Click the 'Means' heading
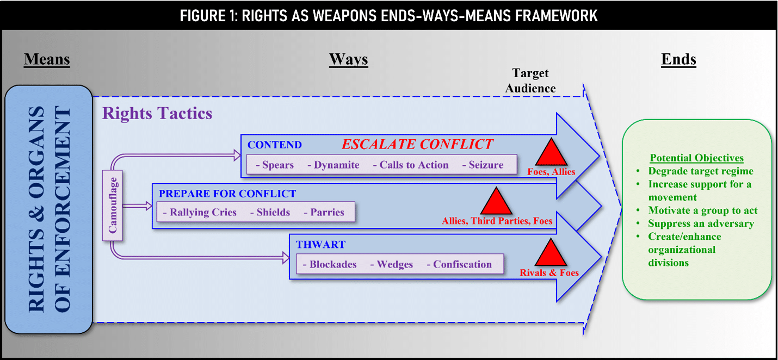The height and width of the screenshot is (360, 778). pos(47,59)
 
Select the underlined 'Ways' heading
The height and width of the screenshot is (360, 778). pos(348,59)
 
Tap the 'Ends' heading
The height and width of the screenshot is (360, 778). pos(678,59)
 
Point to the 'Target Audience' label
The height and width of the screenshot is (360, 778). pos(530,80)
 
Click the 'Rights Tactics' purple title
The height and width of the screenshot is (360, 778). pos(157,113)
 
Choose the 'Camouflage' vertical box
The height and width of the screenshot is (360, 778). pos(113,206)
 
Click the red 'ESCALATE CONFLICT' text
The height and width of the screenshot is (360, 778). pos(417,144)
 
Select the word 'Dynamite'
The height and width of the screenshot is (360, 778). pos(336,165)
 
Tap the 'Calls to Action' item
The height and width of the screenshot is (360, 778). pos(413,165)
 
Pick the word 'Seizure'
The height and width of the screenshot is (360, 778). pos(486,165)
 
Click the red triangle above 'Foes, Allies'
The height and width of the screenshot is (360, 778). pos(551,153)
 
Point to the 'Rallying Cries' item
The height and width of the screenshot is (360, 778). pos(203,212)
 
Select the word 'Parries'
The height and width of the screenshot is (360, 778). pos(327,212)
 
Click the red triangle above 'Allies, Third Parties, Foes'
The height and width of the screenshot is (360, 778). pos(496,201)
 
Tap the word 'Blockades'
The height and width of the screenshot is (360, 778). pos(333,264)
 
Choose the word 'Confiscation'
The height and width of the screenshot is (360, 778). pos(462,264)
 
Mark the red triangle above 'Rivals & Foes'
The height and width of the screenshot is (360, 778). pos(551,253)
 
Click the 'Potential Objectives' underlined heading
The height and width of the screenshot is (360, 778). pos(697,158)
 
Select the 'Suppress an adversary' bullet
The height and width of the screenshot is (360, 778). pos(701,224)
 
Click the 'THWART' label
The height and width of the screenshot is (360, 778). pos(320,245)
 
